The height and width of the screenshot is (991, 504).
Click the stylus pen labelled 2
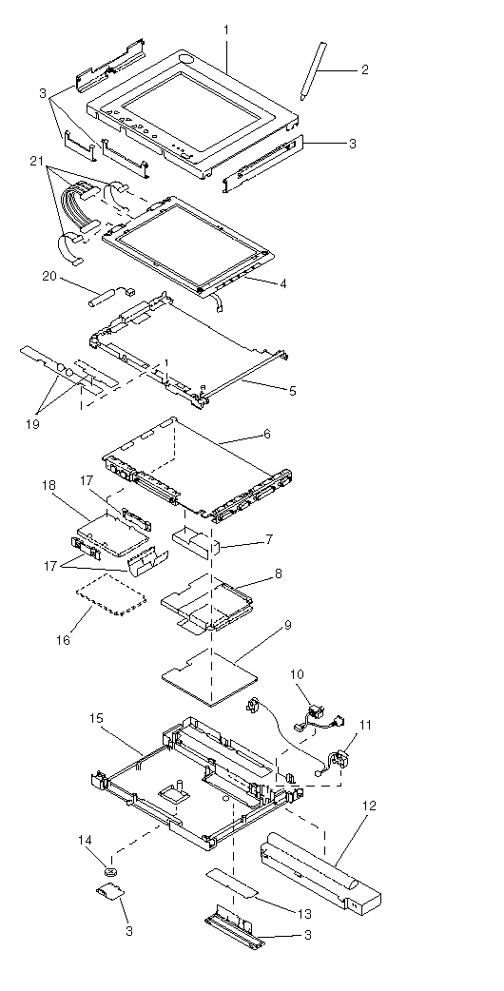click(x=313, y=70)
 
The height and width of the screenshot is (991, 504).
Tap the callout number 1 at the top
click(x=226, y=29)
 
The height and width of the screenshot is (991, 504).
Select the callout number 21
click(x=36, y=163)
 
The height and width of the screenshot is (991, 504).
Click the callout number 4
click(x=283, y=283)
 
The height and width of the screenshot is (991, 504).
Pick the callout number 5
click(x=292, y=391)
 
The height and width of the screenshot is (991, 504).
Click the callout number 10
click(x=297, y=674)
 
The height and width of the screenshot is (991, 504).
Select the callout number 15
click(x=96, y=719)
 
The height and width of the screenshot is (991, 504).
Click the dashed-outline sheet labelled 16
click(x=111, y=593)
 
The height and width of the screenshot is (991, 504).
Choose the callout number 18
click(x=48, y=485)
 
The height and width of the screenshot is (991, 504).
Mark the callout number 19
click(x=32, y=424)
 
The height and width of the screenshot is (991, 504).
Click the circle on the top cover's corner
click(x=187, y=59)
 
